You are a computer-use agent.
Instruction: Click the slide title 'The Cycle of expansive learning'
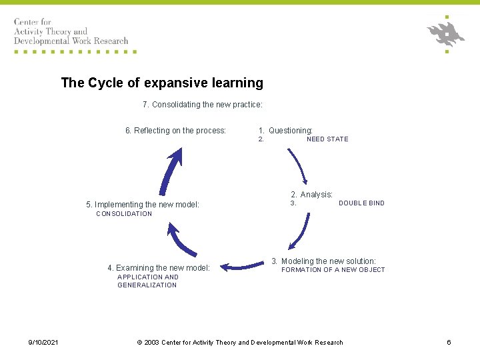click(162, 83)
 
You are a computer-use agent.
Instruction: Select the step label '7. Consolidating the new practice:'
click(203, 105)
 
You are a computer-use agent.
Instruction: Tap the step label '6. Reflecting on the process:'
click(176, 131)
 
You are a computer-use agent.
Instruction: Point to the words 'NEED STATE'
click(327, 139)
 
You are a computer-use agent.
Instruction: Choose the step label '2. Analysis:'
click(311, 195)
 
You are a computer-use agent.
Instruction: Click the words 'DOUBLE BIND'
click(361, 203)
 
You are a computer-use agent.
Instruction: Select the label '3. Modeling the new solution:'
click(324, 261)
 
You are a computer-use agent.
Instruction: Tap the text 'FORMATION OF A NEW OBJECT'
click(333, 270)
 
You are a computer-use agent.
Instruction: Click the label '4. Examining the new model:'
click(159, 268)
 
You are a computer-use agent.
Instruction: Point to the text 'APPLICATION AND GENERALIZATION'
click(147, 281)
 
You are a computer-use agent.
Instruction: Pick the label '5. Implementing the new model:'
click(143, 205)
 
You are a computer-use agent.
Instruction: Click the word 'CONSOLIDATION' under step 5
click(124, 214)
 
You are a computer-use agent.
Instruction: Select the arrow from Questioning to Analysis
click(297, 166)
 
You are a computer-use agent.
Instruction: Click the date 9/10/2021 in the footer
click(43, 343)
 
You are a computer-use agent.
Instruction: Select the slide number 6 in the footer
click(449, 343)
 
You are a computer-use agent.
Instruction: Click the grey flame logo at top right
click(446, 33)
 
